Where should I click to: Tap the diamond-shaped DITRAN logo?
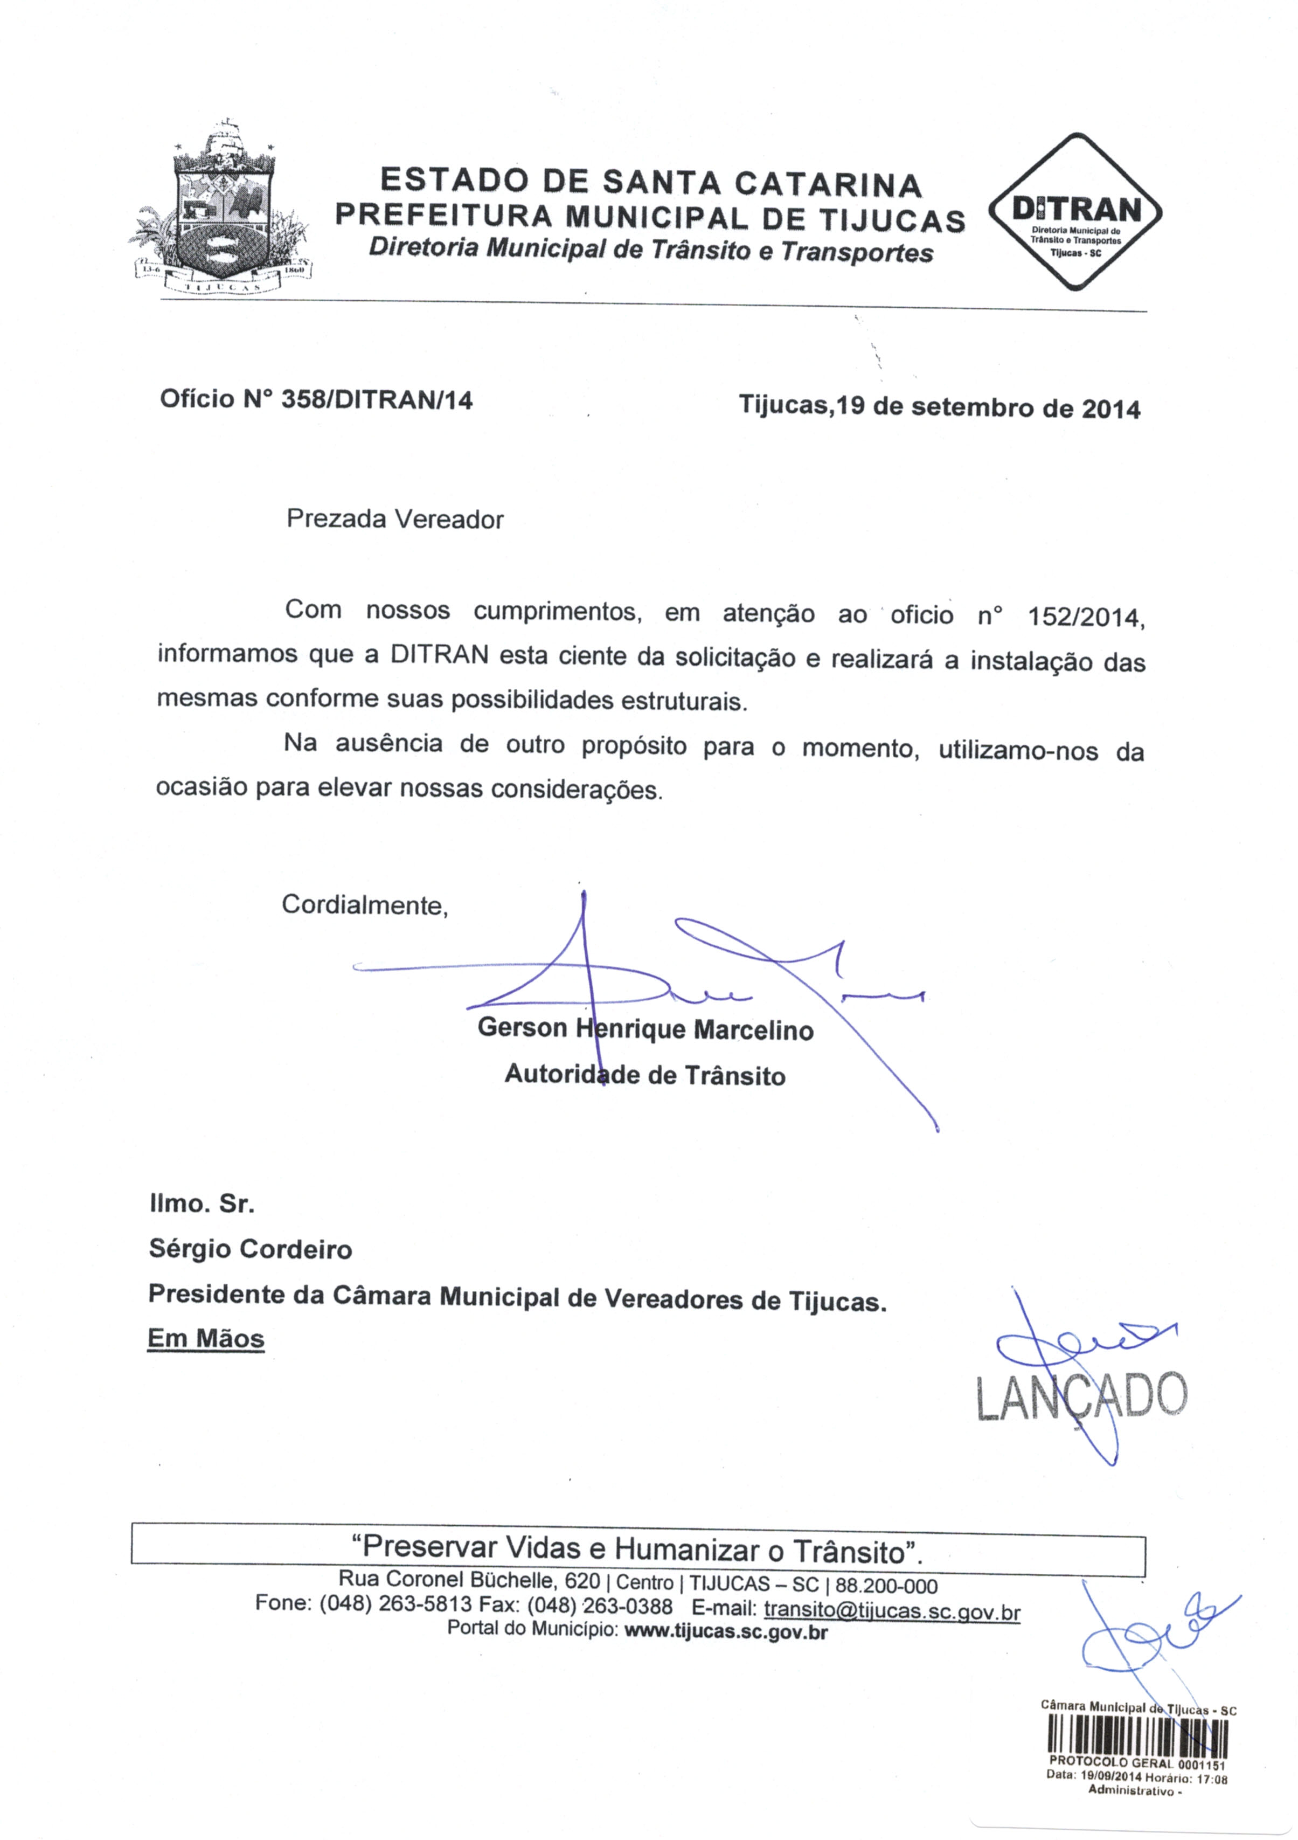point(1076,212)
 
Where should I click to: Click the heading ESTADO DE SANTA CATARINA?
point(650,182)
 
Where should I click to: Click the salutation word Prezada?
point(337,520)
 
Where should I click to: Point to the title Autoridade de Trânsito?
point(645,1075)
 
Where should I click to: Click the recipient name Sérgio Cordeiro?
point(250,1249)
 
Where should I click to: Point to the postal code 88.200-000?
point(886,1586)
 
